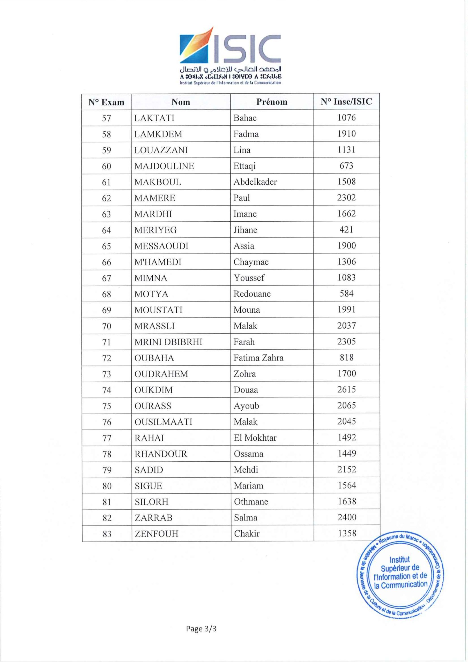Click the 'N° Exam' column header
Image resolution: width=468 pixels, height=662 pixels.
[x=106, y=102]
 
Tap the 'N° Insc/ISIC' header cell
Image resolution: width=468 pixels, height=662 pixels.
[x=346, y=101]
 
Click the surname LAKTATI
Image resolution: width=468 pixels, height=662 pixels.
[x=154, y=118]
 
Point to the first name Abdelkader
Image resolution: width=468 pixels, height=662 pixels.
[x=255, y=182]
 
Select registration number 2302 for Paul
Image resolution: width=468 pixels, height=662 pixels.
[x=346, y=198]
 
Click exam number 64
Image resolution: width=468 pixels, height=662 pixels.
[x=107, y=230]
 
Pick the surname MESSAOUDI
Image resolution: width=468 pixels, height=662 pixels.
[x=161, y=246]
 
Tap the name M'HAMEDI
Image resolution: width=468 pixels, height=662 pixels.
[x=158, y=262]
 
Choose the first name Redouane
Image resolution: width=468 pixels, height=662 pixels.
[x=252, y=294]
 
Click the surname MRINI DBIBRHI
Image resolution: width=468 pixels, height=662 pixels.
[x=168, y=342]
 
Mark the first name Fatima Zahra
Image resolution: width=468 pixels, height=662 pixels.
[x=258, y=358]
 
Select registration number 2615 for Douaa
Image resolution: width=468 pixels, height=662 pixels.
[x=346, y=389]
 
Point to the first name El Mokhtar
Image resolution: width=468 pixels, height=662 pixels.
[x=255, y=438]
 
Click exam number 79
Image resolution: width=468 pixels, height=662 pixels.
[x=107, y=470]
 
